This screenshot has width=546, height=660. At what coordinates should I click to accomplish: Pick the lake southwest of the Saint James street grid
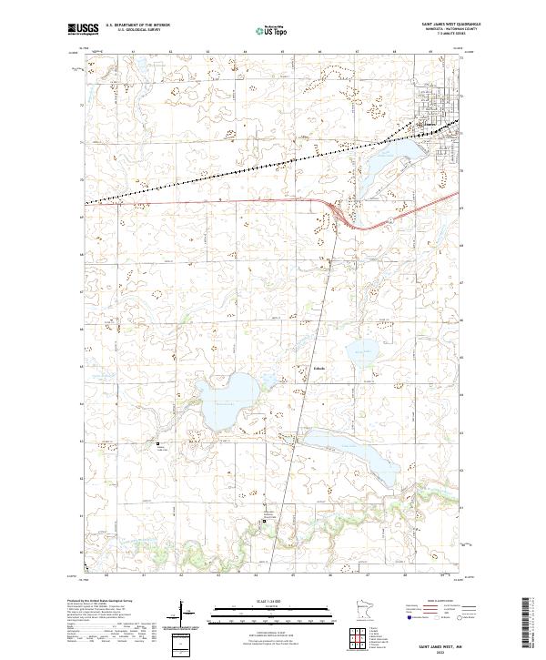pyautogui.click(x=387, y=159)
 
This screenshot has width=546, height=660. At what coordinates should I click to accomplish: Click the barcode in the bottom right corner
pyautogui.click(x=527, y=624)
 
